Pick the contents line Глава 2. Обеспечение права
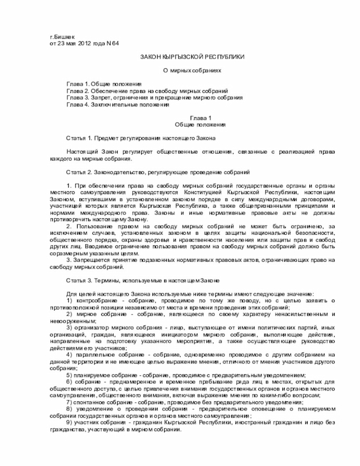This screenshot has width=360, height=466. (147, 90)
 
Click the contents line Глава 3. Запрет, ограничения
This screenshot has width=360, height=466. (154, 97)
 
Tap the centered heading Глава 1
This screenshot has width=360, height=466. (200, 118)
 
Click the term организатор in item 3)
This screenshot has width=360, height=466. (94, 328)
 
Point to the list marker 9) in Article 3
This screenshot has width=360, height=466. (69, 423)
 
